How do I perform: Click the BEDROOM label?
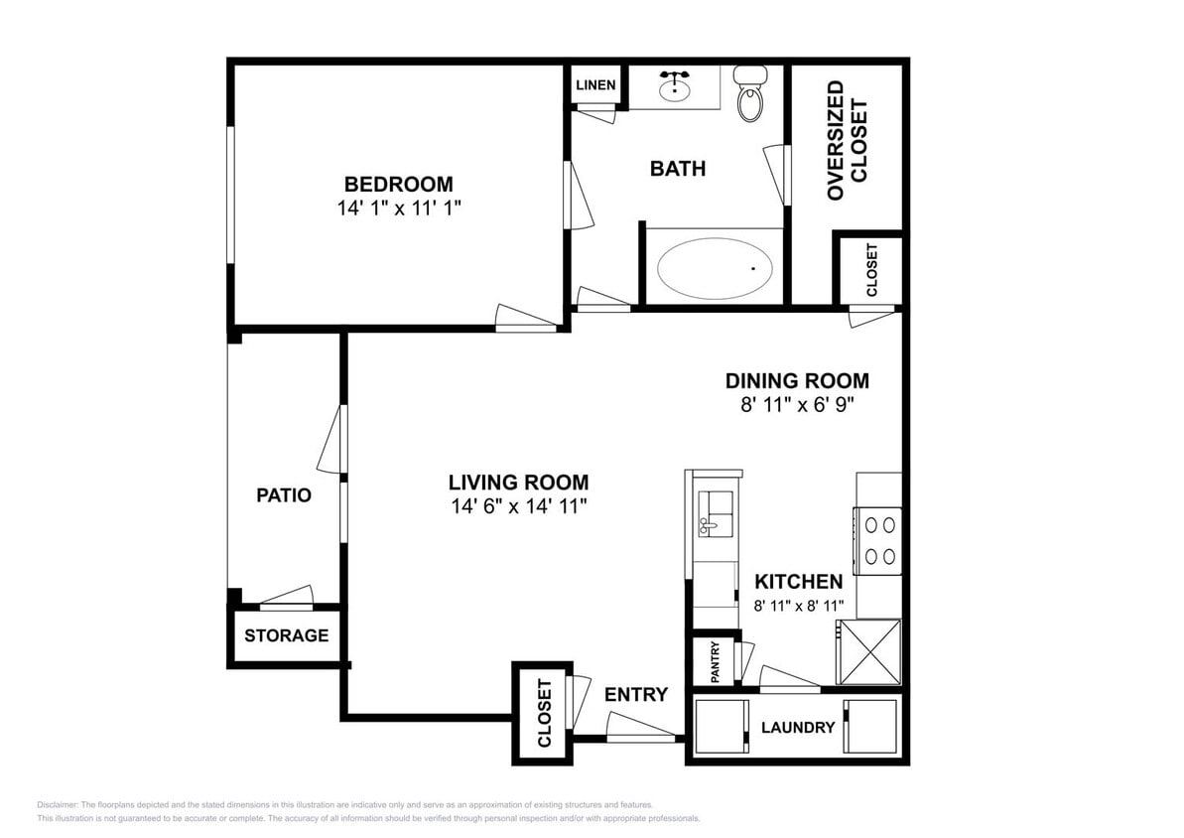coord(399,185)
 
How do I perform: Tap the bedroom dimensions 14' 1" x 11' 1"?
coord(399,208)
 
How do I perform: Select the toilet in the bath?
coord(750,93)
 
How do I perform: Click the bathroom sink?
coord(674,87)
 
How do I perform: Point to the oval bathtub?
coord(716,268)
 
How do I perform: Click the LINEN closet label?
coord(595,84)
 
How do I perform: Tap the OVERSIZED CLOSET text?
coord(848,141)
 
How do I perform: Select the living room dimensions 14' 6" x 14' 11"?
coord(519,506)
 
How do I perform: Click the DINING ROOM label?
coord(797,381)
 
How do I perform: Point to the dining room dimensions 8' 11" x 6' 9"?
coord(797,404)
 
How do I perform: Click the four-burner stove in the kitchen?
coord(878,541)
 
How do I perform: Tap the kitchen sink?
coord(716,513)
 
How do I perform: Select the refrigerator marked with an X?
coord(868,652)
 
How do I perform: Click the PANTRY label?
coord(716,661)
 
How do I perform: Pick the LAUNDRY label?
coord(797,728)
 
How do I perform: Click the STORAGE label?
coord(286,635)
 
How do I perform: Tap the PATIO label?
coord(284,495)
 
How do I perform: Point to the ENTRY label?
coord(636,694)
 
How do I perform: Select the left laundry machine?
coord(722,727)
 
